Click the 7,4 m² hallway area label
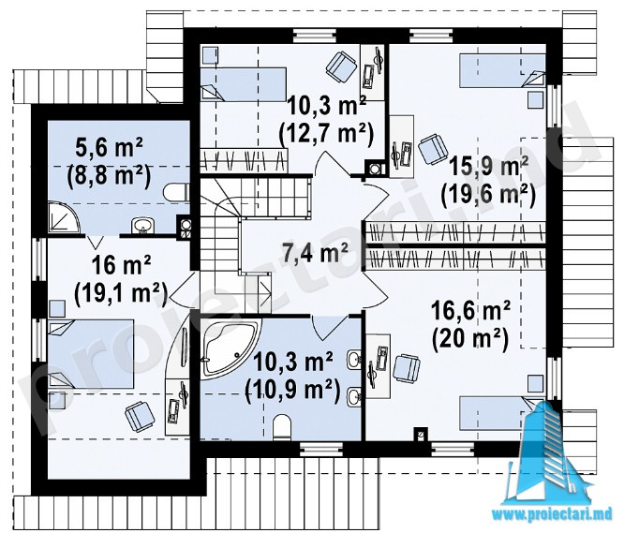click(x=315, y=253)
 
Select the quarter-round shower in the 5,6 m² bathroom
click(x=63, y=217)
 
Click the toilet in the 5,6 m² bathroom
click(x=177, y=193)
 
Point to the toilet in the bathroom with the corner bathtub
click(x=283, y=427)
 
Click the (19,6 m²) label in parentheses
click(x=488, y=195)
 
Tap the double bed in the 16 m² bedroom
click(x=91, y=353)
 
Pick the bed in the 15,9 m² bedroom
click(x=502, y=71)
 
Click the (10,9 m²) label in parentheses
click(x=292, y=391)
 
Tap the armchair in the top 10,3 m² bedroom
click(x=341, y=66)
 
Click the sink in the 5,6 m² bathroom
click(x=142, y=225)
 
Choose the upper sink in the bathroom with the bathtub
click(x=354, y=359)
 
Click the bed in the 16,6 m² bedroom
click(x=502, y=413)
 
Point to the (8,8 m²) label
click(x=109, y=175)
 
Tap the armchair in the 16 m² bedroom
click(x=140, y=416)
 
